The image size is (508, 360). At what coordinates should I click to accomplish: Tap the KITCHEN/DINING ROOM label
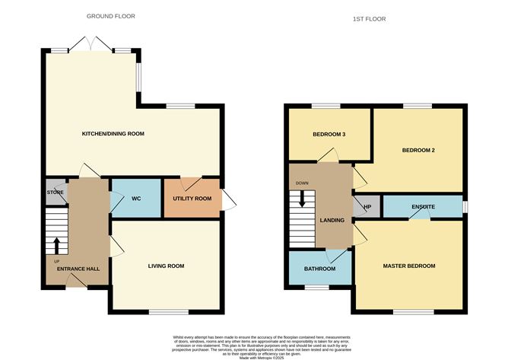[x=113, y=134]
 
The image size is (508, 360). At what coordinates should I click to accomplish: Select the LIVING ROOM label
[x=166, y=266]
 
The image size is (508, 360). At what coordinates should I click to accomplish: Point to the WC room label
[x=136, y=199]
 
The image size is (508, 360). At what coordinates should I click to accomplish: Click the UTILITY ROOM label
[x=192, y=198]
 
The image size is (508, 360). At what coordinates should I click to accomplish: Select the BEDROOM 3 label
[x=329, y=135]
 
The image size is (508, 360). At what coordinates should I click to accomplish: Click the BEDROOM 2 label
[x=418, y=150]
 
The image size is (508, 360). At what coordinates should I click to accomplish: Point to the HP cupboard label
[x=367, y=206]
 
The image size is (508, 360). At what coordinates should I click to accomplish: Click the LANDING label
[x=332, y=221]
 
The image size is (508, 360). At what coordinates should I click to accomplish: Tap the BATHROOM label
[x=319, y=269]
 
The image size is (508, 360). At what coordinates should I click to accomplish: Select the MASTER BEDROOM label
[x=408, y=266]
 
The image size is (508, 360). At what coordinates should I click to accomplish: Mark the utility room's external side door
[x=228, y=199]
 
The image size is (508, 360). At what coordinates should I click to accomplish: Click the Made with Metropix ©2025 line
[x=253, y=357]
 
